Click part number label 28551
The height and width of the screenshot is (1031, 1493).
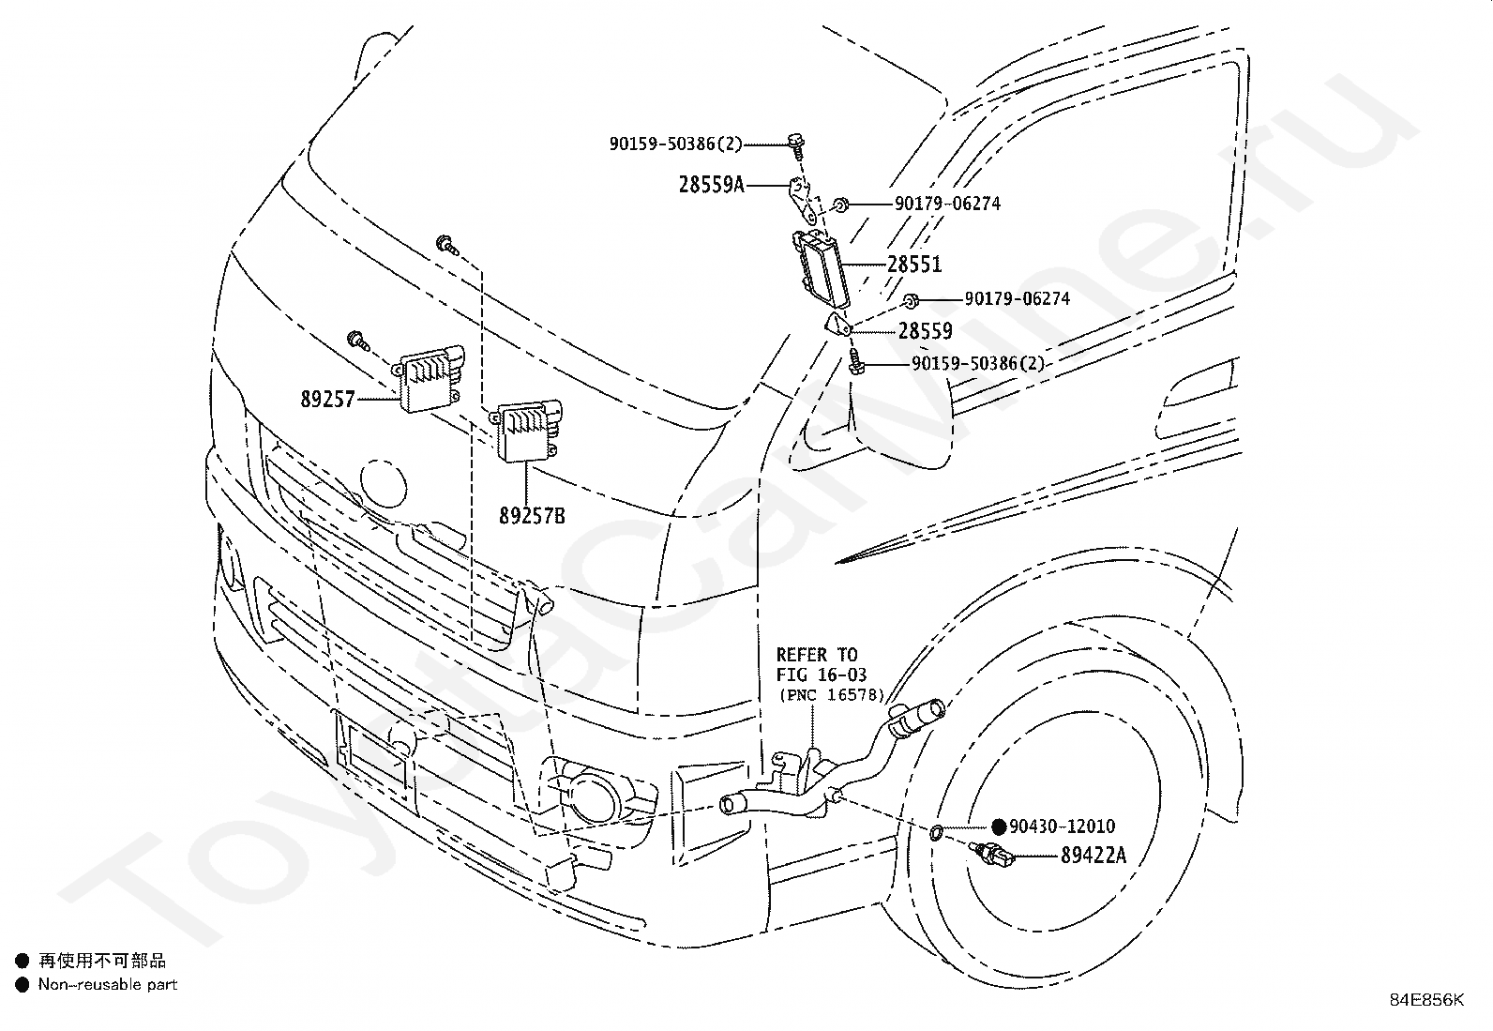point(914,265)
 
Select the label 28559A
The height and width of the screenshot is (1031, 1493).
point(711,184)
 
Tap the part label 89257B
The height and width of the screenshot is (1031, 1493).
point(532,516)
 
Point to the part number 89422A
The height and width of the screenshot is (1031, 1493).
point(1093,855)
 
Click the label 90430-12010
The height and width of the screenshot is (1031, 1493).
point(1062,826)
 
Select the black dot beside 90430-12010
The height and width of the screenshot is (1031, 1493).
point(999,826)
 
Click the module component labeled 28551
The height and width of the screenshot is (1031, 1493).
point(822,268)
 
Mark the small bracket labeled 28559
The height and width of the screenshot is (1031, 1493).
point(837,324)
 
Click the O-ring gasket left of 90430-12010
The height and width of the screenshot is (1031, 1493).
point(936,831)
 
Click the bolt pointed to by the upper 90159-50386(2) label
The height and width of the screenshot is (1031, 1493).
point(796,146)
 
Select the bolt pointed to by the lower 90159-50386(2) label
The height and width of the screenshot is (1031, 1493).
point(855,362)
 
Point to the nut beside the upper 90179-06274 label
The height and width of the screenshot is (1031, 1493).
point(841,205)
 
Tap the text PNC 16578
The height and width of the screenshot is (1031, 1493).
point(832,695)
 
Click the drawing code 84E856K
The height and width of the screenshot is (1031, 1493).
point(1426,1000)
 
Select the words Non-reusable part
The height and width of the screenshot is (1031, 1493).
point(108,984)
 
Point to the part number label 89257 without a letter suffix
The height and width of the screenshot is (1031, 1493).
point(327,399)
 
